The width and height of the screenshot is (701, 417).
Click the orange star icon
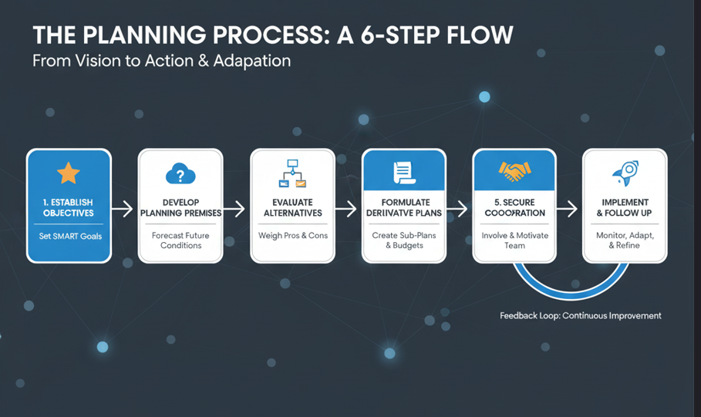[69, 173]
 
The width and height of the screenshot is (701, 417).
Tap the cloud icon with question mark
[180, 174]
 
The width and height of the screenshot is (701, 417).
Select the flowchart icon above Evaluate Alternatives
[292, 174]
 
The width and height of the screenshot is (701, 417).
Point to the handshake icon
[514, 171]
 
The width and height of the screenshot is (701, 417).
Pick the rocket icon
[625, 173]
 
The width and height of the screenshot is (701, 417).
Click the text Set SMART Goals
[69, 236]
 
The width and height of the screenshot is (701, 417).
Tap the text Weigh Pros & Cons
[292, 235]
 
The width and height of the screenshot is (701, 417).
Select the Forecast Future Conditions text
[180, 240]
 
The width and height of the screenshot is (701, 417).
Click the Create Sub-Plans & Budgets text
[403, 240]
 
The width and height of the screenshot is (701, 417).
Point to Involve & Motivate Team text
[514, 240]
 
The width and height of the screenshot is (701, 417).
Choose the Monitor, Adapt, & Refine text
[625, 240]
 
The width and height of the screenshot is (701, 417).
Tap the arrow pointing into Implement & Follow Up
[568, 208]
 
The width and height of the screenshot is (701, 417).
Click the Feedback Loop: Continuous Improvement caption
[580, 316]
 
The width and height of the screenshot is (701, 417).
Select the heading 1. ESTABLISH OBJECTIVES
[69, 207]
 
